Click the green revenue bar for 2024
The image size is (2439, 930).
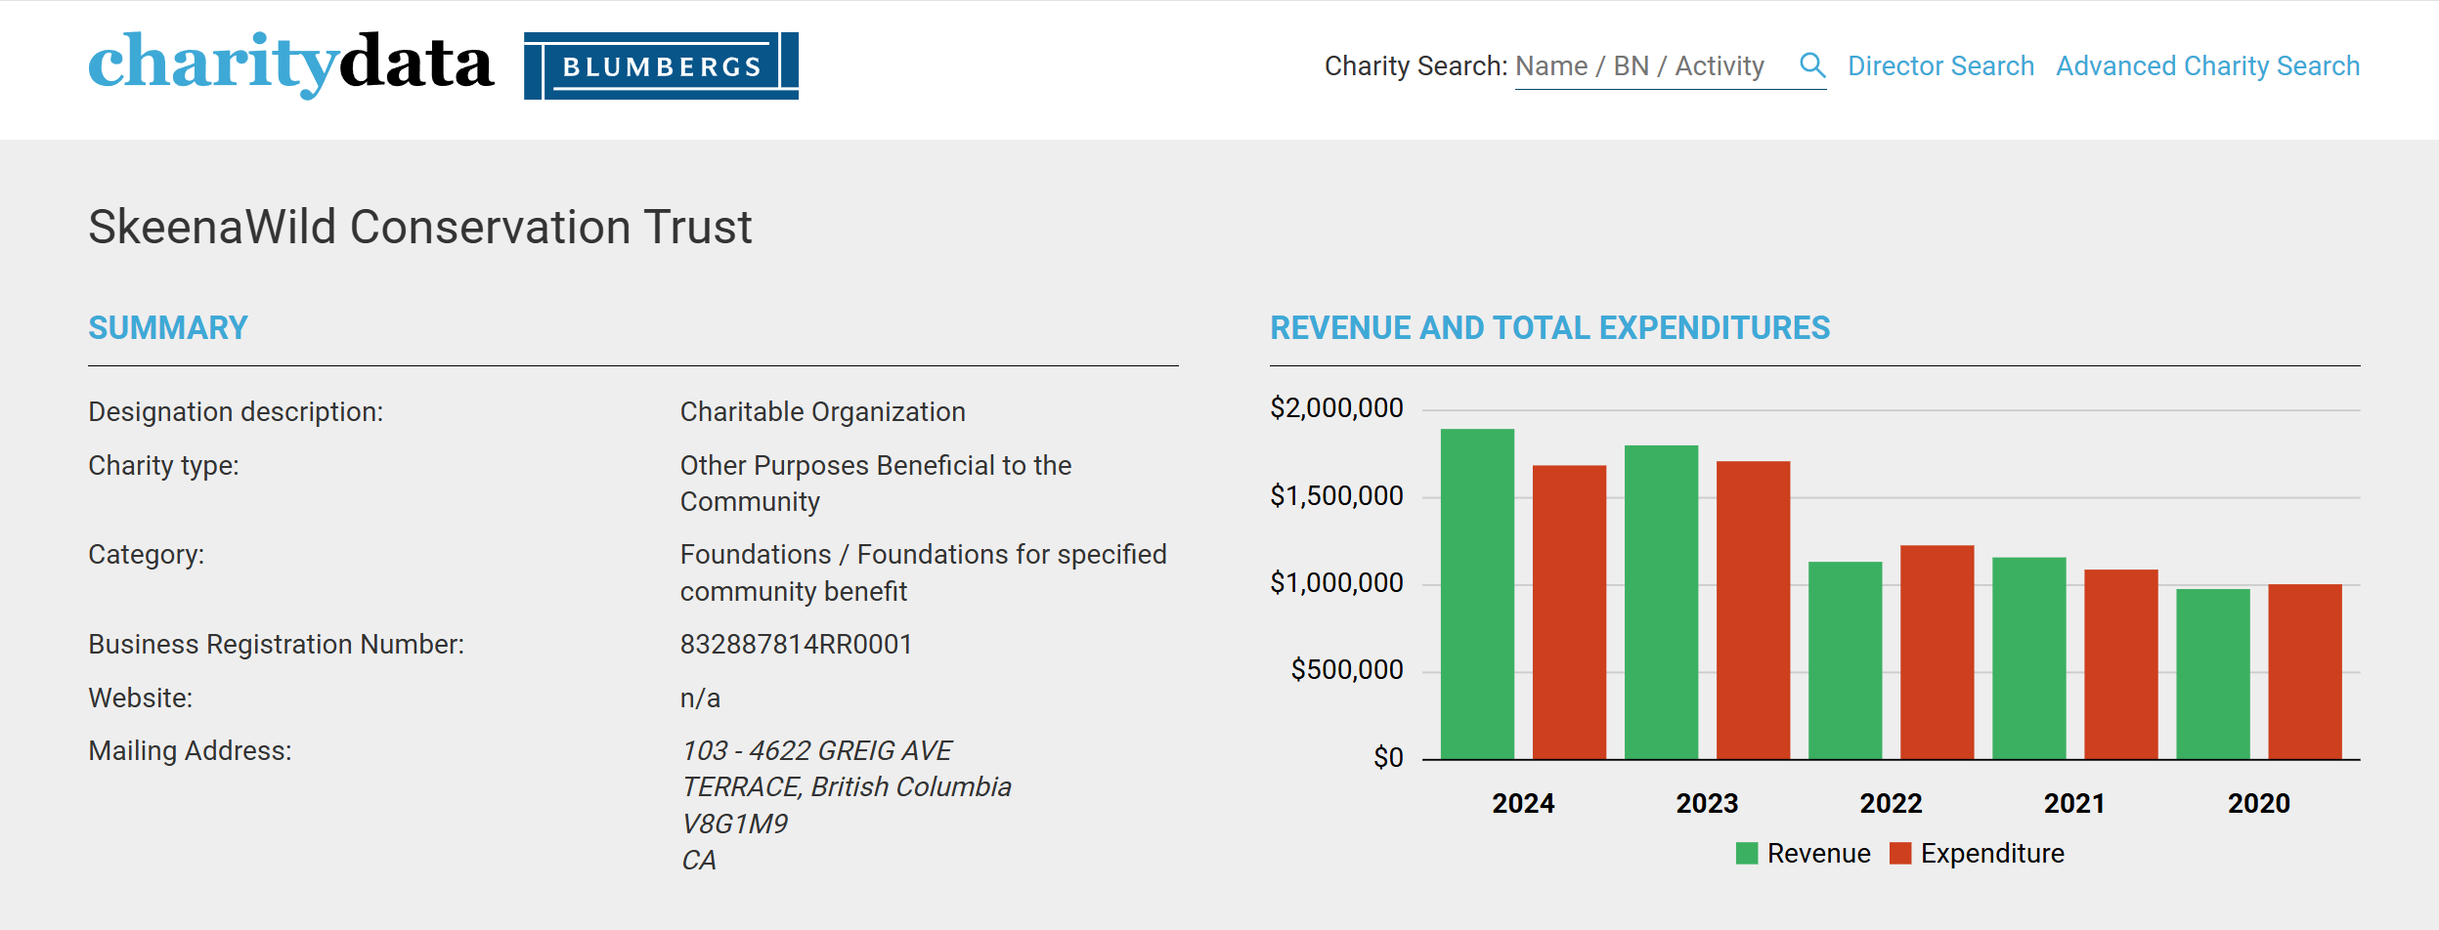(x=1477, y=594)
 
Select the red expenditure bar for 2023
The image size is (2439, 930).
(x=1753, y=611)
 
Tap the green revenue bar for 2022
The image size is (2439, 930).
(x=1845, y=660)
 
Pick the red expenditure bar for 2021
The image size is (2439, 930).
(x=2120, y=664)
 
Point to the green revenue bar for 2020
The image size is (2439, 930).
(x=2212, y=674)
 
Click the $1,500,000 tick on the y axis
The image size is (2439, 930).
(x=1336, y=496)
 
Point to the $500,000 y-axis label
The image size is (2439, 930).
(x=1347, y=670)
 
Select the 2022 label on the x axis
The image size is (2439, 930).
(x=1891, y=803)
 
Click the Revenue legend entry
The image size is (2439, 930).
(x=1803, y=854)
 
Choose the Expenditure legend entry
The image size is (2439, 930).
(x=1977, y=854)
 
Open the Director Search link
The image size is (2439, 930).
(x=1940, y=66)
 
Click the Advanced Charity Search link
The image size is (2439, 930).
(x=2207, y=66)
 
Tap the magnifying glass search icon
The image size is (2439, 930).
(x=1812, y=65)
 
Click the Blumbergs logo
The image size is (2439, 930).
(x=661, y=65)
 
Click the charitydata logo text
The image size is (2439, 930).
(x=290, y=64)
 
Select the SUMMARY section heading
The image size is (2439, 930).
(x=168, y=328)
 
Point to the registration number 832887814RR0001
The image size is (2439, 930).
(x=796, y=645)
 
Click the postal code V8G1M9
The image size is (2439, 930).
(x=734, y=824)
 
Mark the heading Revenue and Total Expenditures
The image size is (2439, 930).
(x=1549, y=328)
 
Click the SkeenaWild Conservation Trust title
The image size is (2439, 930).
(x=420, y=227)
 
